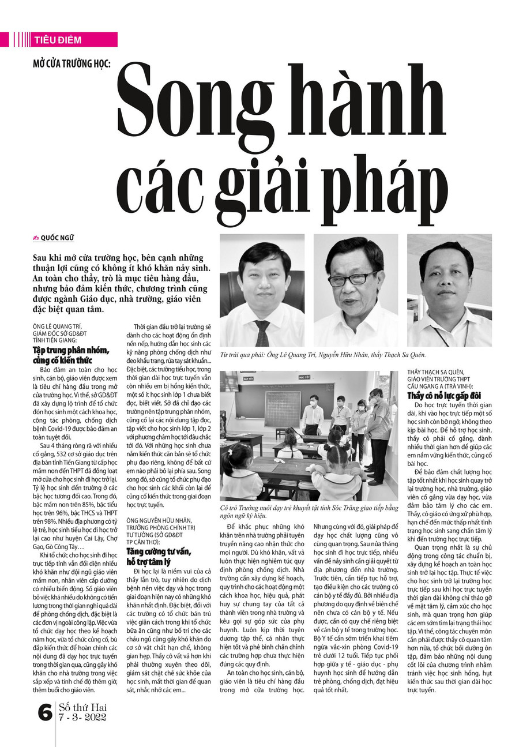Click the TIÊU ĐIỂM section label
click(x=58, y=40)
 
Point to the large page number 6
click(x=44, y=713)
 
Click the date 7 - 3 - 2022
click(x=82, y=718)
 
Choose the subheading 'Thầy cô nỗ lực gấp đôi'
click(x=444, y=396)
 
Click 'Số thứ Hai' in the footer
click(x=82, y=707)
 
